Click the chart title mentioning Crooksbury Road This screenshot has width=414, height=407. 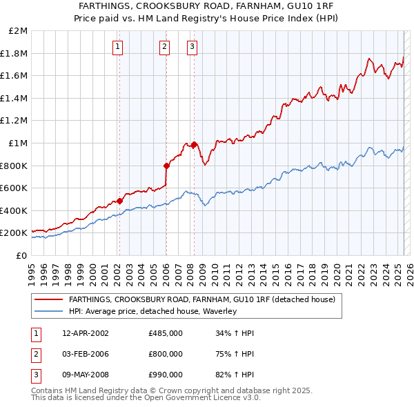[206, 6]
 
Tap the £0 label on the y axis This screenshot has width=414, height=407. [21, 255]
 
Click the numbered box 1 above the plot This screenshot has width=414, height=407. [118, 47]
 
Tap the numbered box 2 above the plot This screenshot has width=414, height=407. [165, 47]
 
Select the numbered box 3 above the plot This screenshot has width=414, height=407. [192, 47]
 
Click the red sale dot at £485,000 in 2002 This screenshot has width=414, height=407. [119, 201]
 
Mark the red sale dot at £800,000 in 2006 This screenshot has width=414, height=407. [166, 166]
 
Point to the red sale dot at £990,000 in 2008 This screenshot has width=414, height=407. [194, 144]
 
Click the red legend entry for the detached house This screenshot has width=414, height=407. [201, 299]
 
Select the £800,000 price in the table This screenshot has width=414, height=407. [166, 354]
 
